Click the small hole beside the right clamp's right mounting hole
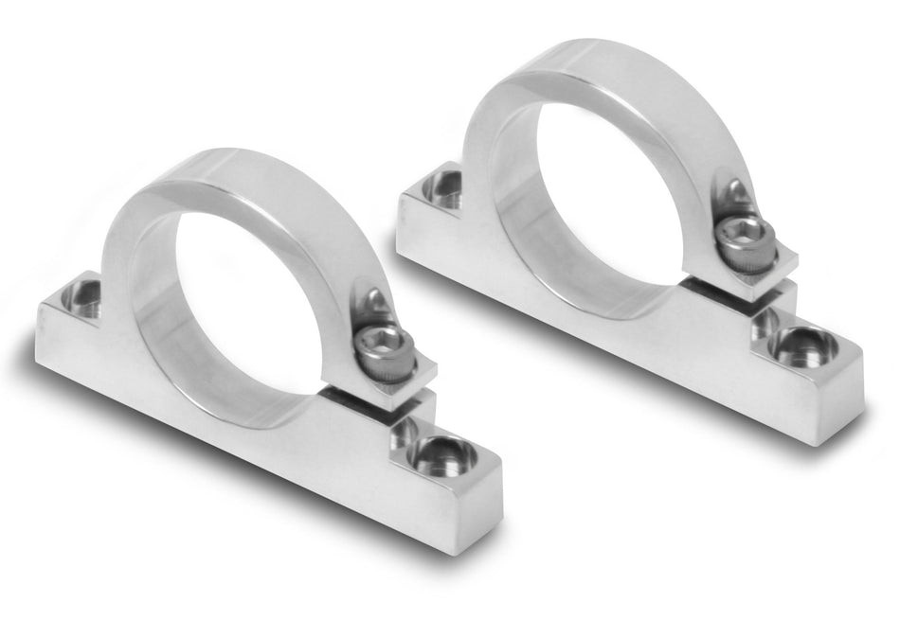click(x=765, y=324)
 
